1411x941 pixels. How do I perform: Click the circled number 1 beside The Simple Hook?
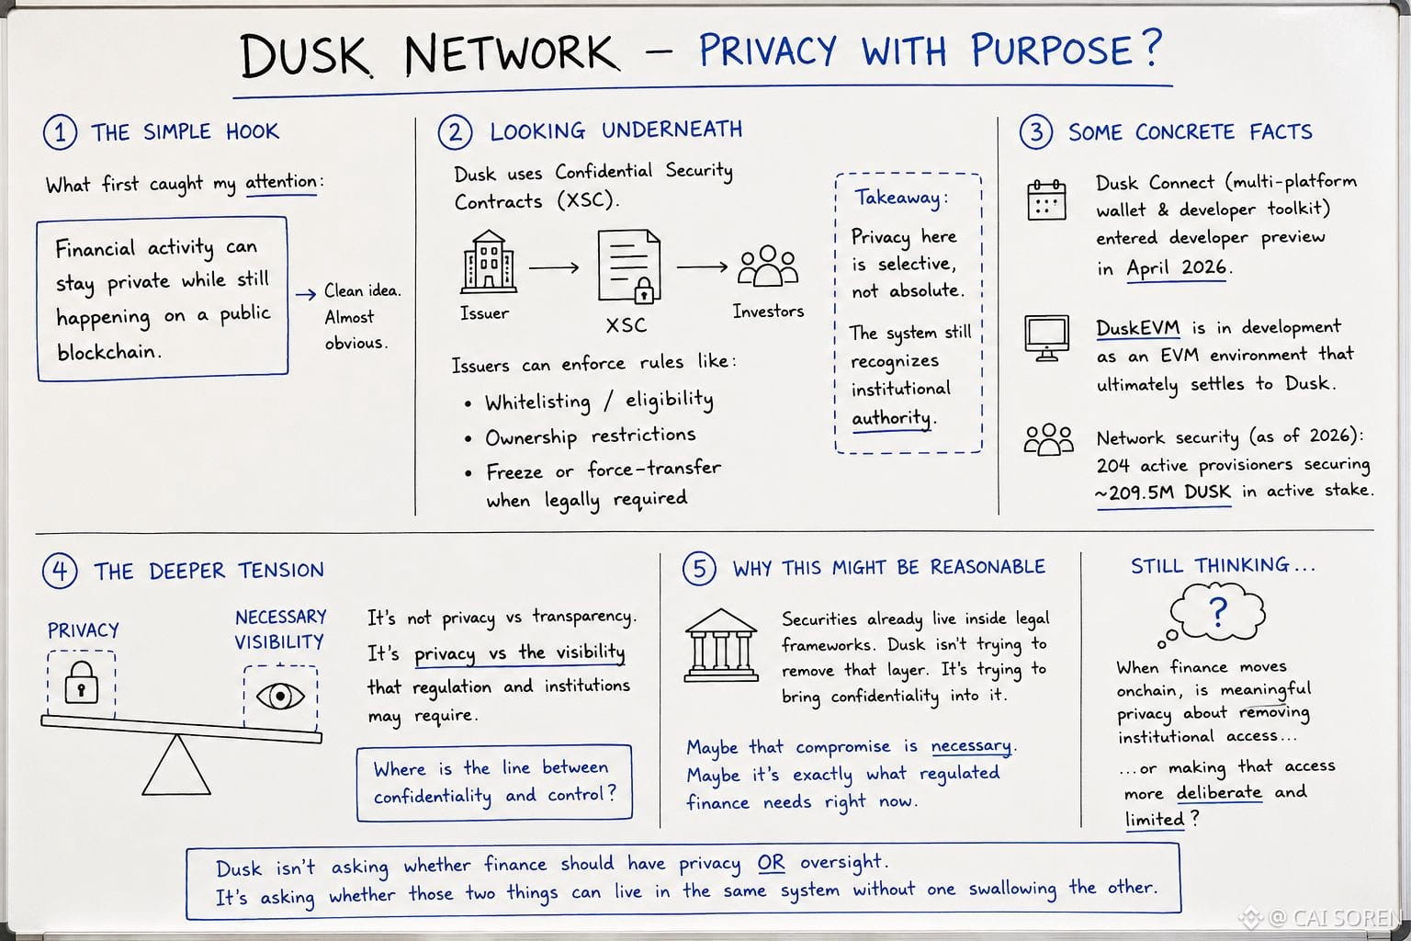click(60, 132)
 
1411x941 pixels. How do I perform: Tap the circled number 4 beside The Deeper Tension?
click(60, 571)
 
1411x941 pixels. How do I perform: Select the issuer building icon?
click(488, 262)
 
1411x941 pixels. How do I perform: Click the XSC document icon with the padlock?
click(629, 266)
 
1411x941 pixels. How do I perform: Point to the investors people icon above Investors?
click(768, 266)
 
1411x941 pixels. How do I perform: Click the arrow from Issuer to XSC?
click(554, 267)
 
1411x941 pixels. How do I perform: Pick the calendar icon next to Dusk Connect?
click(1046, 199)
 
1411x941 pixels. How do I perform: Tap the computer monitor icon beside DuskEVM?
click(1046, 338)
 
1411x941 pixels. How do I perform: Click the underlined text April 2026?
click(1176, 267)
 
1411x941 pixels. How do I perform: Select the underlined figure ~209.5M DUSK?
click(1163, 493)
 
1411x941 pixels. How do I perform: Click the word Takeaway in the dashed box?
click(897, 198)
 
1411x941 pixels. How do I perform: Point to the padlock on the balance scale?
click(81, 682)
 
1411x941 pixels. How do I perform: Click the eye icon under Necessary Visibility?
click(280, 697)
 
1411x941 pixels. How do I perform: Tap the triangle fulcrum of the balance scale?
click(176, 765)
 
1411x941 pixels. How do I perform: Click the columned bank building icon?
click(721, 645)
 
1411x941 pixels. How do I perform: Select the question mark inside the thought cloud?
click(1219, 612)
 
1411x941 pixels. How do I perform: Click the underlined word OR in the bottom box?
click(771, 863)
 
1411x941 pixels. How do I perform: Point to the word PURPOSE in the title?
click(1052, 51)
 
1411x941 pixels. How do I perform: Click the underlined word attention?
click(281, 182)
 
